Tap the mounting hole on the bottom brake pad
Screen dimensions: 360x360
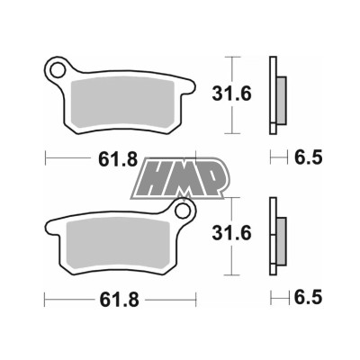185,213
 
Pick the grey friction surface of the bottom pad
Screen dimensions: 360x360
117,243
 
